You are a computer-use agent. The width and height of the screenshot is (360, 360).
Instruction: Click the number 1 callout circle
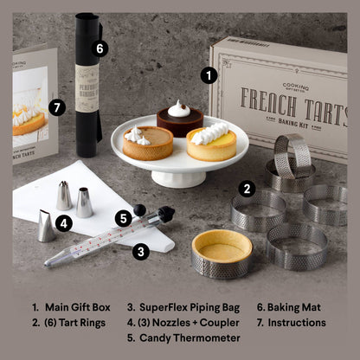pos(208,75)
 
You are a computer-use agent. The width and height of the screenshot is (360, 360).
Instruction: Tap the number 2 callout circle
pos(247,188)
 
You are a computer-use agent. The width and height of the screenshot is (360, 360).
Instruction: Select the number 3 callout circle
pos(141,251)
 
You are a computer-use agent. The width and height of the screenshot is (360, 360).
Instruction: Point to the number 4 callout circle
pos(62,222)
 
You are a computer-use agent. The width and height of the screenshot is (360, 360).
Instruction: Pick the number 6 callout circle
pos(100,48)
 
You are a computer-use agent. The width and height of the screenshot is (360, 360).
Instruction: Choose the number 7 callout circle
pos(57,108)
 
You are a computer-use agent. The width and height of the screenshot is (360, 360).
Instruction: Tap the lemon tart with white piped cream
pos(211,142)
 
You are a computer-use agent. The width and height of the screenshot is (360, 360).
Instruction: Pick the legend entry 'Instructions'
pos(291,322)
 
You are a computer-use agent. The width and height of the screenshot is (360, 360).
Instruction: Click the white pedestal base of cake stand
pos(177,177)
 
